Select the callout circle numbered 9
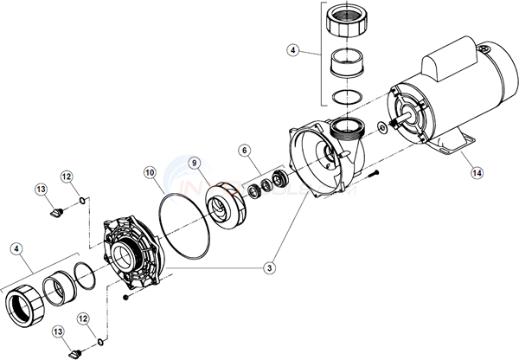[x=195, y=162]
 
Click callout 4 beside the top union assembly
[x=294, y=51]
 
